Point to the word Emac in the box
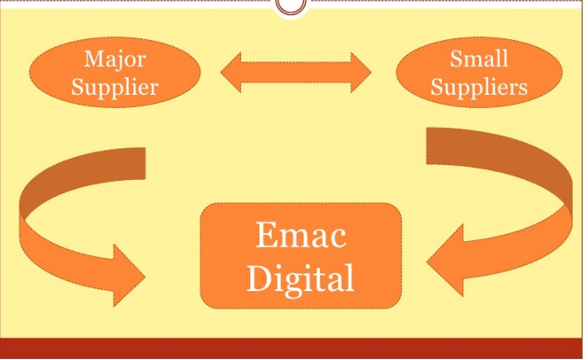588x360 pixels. point(301,236)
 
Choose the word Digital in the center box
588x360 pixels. point(301,278)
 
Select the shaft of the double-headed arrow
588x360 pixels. point(296,72)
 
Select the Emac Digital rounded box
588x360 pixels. point(222,257)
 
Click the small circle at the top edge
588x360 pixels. point(291,5)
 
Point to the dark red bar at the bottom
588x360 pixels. point(294,348)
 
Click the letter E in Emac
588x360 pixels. point(265,237)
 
